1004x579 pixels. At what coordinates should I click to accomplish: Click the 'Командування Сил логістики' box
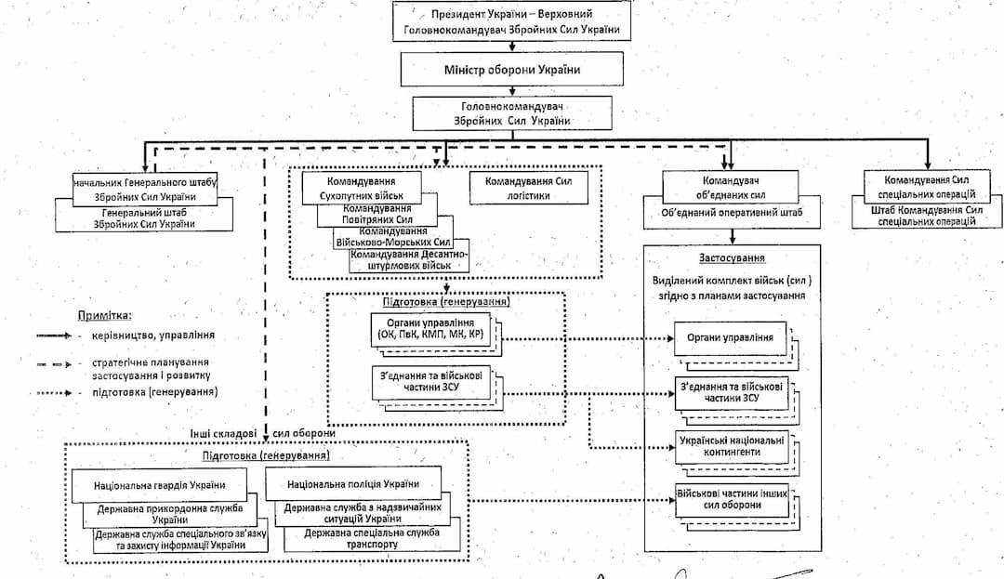coord(529,189)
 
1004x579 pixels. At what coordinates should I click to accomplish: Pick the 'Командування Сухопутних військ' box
coord(361,189)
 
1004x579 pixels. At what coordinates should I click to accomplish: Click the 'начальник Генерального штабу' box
coord(145,190)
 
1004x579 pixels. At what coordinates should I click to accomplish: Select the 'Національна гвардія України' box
coord(159,485)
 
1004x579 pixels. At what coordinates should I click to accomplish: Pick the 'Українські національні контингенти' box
coord(731,445)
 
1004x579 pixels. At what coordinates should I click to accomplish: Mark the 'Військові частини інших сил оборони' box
coord(731,499)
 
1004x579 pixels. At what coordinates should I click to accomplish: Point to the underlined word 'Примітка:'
coord(104,316)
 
